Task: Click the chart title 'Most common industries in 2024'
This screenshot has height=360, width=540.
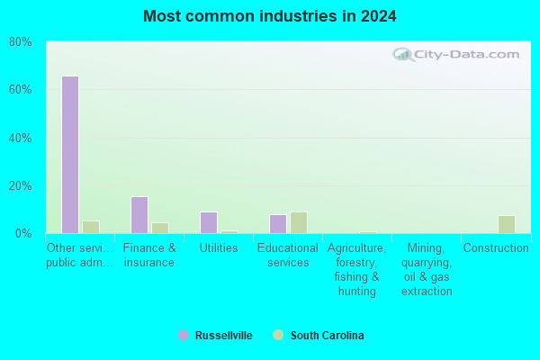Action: (x=270, y=16)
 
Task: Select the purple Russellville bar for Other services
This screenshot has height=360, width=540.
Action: (x=70, y=155)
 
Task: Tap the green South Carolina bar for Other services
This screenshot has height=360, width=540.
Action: (x=91, y=227)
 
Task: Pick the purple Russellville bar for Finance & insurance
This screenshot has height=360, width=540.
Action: (x=139, y=215)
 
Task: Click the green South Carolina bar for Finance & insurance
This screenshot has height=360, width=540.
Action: (x=160, y=228)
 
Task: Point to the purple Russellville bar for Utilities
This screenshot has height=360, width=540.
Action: (x=209, y=222)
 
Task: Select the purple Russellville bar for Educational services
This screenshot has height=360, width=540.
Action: (x=278, y=224)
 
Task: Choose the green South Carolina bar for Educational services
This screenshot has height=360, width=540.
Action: (x=299, y=222)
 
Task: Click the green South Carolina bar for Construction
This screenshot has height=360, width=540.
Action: (x=507, y=225)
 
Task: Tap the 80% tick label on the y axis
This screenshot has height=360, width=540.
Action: (x=21, y=42)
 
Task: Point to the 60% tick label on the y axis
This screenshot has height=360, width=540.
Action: (x=21, y=90)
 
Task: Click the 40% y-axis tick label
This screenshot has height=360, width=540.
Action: (x=21, y=138)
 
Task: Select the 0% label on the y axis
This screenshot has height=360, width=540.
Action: (x=23, y=234)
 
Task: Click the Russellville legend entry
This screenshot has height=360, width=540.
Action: (x=215, y=335)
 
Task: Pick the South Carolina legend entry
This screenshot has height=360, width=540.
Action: (x=319, y=335)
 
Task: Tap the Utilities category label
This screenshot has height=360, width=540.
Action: (x=219, y=248)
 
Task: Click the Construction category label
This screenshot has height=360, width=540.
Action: (x=496, y=248)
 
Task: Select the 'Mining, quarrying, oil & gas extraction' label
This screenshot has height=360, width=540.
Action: (x=427, y=269)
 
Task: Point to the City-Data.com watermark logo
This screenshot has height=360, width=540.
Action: (x=456, y=54)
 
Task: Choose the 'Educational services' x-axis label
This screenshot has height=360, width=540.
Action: (x=288, y=256)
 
